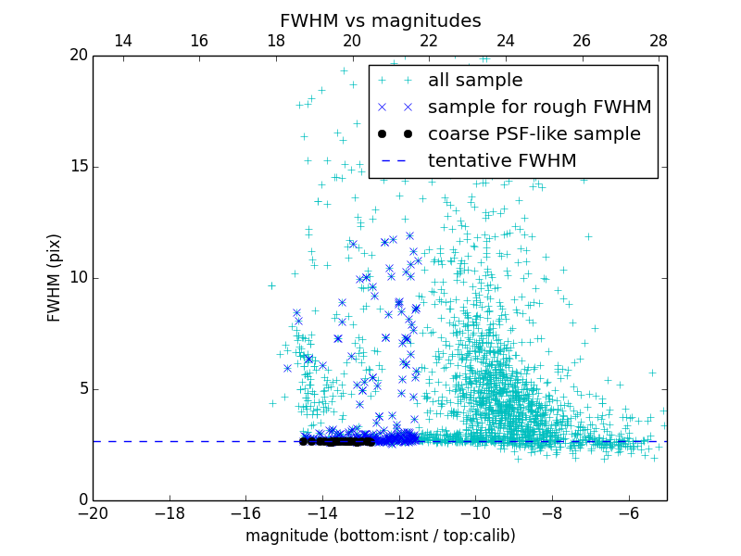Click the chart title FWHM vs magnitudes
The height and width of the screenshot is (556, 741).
[x=381, y=20]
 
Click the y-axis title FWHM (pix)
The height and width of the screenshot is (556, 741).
[x=55, y=278]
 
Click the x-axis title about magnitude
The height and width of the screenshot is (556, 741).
[x=381, y=536]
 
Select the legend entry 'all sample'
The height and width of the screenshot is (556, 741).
[x=475, y=81]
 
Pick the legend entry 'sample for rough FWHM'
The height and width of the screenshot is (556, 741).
[x=539, y=107]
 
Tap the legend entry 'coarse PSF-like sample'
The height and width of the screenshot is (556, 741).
[x=534, y=134]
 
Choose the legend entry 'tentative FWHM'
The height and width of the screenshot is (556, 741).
[x=502, y=161]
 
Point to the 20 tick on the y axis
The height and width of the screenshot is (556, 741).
[x=78, y=56]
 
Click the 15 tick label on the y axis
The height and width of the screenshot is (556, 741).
[x=78, y=167]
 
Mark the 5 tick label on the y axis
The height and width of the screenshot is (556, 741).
[x=82, y=389]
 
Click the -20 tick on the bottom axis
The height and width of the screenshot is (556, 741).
[x=93, y=512]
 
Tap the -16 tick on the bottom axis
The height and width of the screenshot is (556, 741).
[x=245, y=512]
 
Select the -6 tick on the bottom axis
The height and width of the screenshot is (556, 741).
[x=629, y=512]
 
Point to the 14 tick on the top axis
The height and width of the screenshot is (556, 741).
[x=122, y=41]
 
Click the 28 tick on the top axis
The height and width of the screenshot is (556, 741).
[x=659, y=41]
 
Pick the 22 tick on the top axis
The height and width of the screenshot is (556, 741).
[x=429, y=41]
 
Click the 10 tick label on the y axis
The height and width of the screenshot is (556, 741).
[x=78, y=278]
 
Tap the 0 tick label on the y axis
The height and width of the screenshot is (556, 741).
[x=82, y=500]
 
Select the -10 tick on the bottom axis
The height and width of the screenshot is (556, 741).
[x=475, y=512]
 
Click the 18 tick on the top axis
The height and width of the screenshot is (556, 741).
[x=276, y=41]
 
